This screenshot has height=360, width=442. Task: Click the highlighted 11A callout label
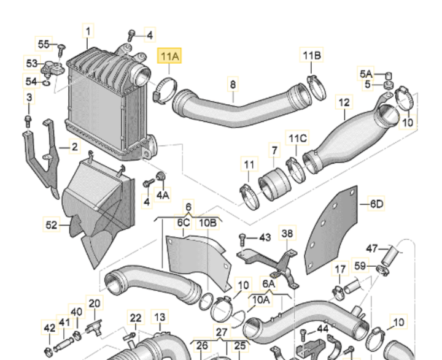click(169, 57)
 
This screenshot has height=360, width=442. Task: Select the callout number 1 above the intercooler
click(88, 31)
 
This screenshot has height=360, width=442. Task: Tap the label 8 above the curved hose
click(232, 83)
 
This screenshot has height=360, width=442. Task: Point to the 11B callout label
click(311, 56)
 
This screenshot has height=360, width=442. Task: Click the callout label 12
click(344, 102)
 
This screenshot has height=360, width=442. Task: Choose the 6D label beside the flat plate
click(375, 203)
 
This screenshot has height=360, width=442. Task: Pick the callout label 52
click(50, 225)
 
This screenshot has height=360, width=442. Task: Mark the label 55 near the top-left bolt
click(44, 44)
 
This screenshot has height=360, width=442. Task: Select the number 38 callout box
click(287, 233)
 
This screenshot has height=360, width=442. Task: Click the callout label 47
click(372, 248)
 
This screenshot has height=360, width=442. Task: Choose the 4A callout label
click(162, 196)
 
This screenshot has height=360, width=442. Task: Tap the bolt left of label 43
click(244, 237)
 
